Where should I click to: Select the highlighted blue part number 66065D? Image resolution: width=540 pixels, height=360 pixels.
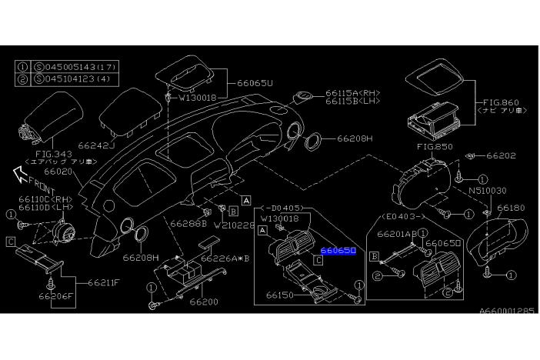point(338,250)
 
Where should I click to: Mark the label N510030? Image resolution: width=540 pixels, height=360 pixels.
point(488,190)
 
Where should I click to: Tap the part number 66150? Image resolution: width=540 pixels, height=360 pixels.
point(282,293)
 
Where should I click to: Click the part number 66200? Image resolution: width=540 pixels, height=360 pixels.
point(205,302)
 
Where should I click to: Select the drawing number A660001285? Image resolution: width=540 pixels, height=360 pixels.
point(507,311)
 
